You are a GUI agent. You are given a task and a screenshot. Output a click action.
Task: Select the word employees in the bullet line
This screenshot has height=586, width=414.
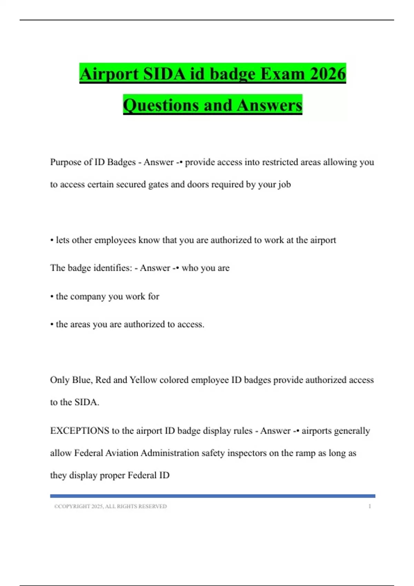115,240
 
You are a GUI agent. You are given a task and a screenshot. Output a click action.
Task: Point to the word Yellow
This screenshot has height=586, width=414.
143,380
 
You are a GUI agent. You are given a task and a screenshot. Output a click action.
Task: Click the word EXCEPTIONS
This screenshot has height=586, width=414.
80,431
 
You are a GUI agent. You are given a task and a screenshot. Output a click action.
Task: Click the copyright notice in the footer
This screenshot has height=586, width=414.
110,506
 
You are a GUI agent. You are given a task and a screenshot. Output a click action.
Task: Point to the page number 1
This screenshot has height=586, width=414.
369,506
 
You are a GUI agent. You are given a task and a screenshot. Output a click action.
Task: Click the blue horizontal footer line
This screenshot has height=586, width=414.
213,496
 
